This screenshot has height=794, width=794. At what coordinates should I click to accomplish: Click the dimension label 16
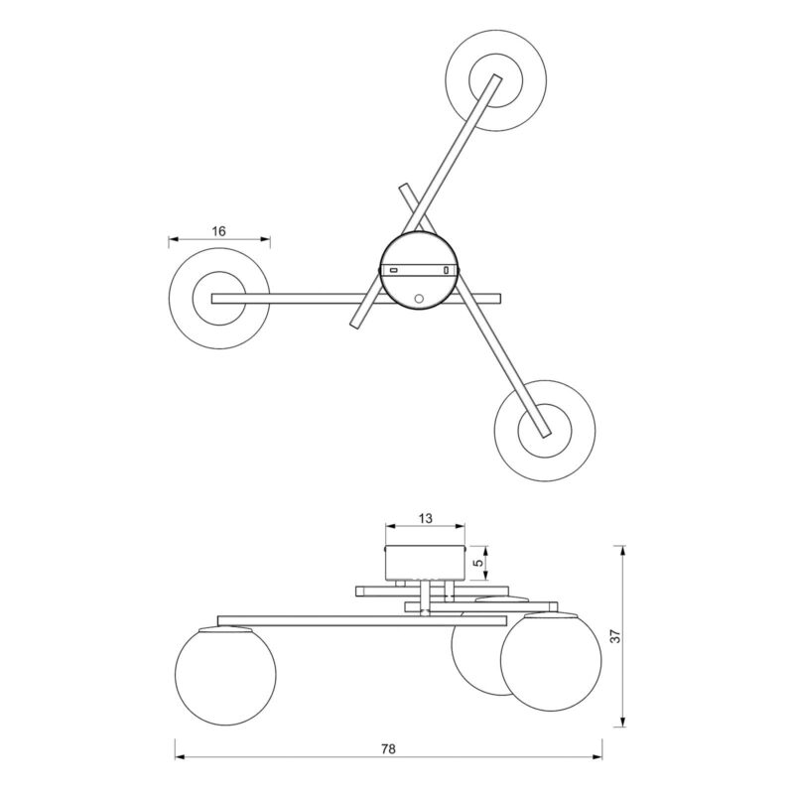[218, 231]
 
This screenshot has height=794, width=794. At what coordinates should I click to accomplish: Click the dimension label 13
[426, 518]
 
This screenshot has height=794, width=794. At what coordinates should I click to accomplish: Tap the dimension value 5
[477, 563]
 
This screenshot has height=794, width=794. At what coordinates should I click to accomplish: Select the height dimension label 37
[615, 636]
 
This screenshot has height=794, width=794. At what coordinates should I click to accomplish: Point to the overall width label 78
[388, 748]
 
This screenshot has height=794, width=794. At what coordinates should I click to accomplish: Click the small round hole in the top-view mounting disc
[419, 299]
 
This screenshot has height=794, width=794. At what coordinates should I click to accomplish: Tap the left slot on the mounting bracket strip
[393, 270]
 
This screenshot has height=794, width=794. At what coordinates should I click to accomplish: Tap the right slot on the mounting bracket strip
[446, 270]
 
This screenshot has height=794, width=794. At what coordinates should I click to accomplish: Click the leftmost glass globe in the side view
[226, 675]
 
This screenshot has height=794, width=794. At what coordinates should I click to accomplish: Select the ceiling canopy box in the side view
[425, 563]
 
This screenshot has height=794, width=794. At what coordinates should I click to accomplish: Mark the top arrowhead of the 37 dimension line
[623, 551]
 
